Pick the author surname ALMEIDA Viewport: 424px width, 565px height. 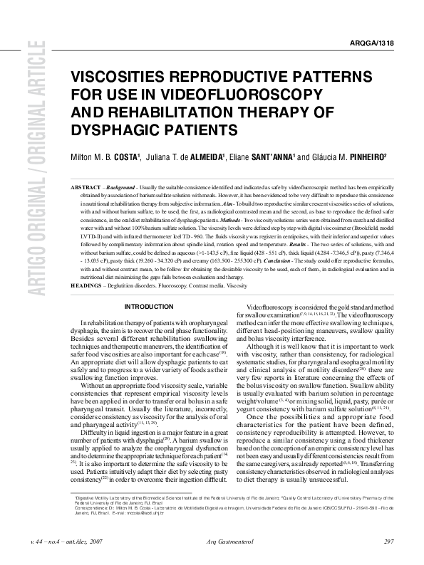(x=206, y=157)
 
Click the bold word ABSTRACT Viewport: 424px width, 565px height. (x=86, y=186)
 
